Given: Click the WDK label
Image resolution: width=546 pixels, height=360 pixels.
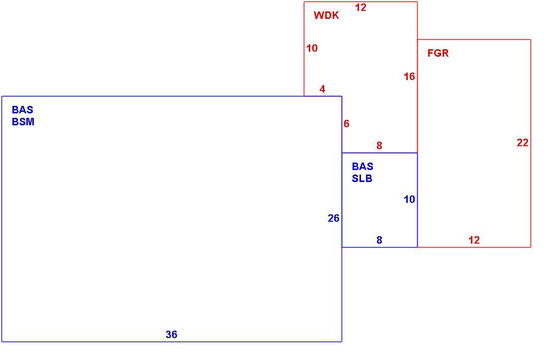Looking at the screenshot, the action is [x=326, y=15].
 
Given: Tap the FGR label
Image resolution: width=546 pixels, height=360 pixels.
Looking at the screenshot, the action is [x=438, y=53].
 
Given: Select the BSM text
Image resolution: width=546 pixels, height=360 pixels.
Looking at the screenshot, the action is [x=23, y=122].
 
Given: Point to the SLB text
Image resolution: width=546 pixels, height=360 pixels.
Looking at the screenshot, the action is [x=362, y=179].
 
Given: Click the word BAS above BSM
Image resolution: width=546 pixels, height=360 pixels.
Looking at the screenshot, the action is [x=23, y=110].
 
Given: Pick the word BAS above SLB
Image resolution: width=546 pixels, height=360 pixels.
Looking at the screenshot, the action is [x=363, y=167].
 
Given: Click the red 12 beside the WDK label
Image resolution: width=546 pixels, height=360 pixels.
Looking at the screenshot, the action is [x=361, y=7].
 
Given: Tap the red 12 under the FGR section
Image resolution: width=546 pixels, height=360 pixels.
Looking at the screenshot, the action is [x=474, y=240].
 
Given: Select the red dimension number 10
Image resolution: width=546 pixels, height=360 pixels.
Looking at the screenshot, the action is [x=312, y=48].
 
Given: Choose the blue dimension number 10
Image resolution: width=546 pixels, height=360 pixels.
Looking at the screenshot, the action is [x=410, y=199].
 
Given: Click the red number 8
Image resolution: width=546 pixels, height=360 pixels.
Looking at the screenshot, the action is [x=379, y=146].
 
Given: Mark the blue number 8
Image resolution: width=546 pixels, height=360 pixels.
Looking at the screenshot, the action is [x=379, y=240].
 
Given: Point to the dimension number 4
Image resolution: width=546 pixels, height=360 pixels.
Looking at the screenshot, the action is [x=322, y=89].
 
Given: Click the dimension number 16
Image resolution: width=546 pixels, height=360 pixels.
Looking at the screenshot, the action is [x=410, y=77].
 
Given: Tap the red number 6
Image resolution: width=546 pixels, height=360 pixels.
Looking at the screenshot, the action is [x=347, y=124].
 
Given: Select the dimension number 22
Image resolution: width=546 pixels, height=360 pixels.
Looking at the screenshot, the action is [x=523, y=143].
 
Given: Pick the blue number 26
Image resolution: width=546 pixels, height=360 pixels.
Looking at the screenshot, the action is [x=334, y=218].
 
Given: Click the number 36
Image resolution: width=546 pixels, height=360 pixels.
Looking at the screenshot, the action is [x=172, y=335].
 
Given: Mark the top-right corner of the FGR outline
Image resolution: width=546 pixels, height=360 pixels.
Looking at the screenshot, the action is [x=531, y=40].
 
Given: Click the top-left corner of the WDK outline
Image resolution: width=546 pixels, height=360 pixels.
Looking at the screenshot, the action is [x=304, y=2].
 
